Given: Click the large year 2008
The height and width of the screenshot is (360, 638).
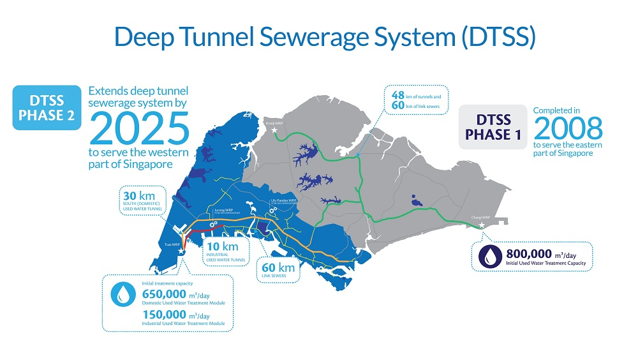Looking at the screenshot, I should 568,128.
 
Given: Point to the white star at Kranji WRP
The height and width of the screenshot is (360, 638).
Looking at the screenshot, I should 276,130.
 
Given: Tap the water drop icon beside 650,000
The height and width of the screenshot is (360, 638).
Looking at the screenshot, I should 122,294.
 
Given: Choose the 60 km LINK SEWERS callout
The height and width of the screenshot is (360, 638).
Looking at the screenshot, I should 278,269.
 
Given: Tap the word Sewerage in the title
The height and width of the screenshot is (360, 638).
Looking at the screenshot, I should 319,36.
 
